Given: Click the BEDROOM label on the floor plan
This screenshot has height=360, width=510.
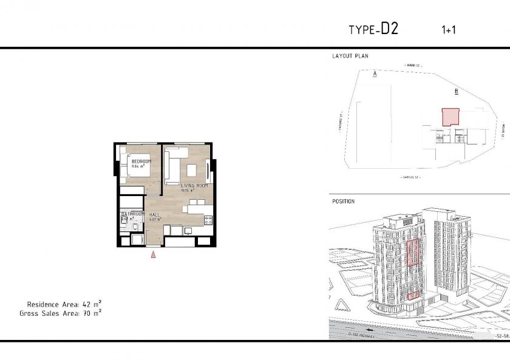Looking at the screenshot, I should click(x=141, y=161).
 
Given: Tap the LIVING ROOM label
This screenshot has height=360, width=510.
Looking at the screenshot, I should click(x=194, y=185).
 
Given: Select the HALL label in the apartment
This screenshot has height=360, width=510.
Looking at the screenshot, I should click(x=154, y=215).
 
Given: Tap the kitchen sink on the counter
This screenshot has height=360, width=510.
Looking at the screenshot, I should click(x=188, y=230).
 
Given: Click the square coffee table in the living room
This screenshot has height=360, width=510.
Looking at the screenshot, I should click(x=191, y=168).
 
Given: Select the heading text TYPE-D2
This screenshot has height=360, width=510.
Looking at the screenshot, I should click(x=373, y=30).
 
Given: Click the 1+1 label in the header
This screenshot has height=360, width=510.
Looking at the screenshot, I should click(x=449, y=30).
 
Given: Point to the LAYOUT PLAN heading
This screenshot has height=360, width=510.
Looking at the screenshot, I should click(x=350, y=56).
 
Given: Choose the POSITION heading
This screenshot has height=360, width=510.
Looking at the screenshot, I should click(x=343, y=202).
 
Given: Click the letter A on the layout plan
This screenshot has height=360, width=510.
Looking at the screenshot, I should click(x=375, y=73).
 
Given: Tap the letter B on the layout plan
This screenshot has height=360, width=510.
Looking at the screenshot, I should click(x=456, y=92).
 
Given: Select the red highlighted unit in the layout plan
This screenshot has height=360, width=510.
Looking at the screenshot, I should click(x=450, y=117).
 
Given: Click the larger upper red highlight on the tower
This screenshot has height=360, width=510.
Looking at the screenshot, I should click(x=413, y=253).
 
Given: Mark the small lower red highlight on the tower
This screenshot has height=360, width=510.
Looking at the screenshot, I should click(x=412, y=296).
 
